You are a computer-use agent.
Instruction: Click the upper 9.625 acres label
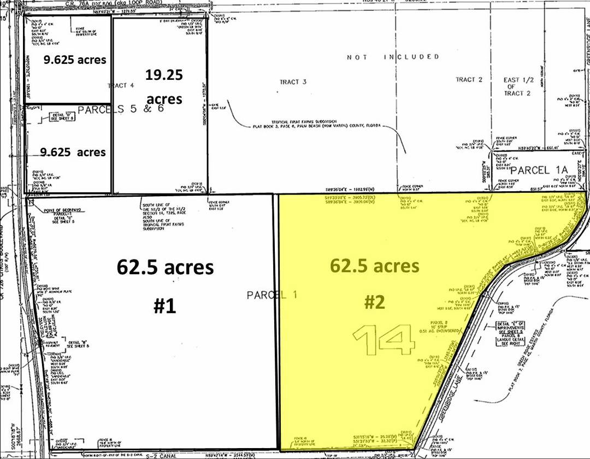(x=75, y=60)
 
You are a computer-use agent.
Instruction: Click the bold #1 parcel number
(x=164, y=306)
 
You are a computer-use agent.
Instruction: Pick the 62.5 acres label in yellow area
(x=374, y=266)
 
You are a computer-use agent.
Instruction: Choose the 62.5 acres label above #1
(x=164, y=268)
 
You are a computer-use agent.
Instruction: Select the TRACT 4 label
(x=121, y=85)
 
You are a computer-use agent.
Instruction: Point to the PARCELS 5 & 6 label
(x=120, y=109)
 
